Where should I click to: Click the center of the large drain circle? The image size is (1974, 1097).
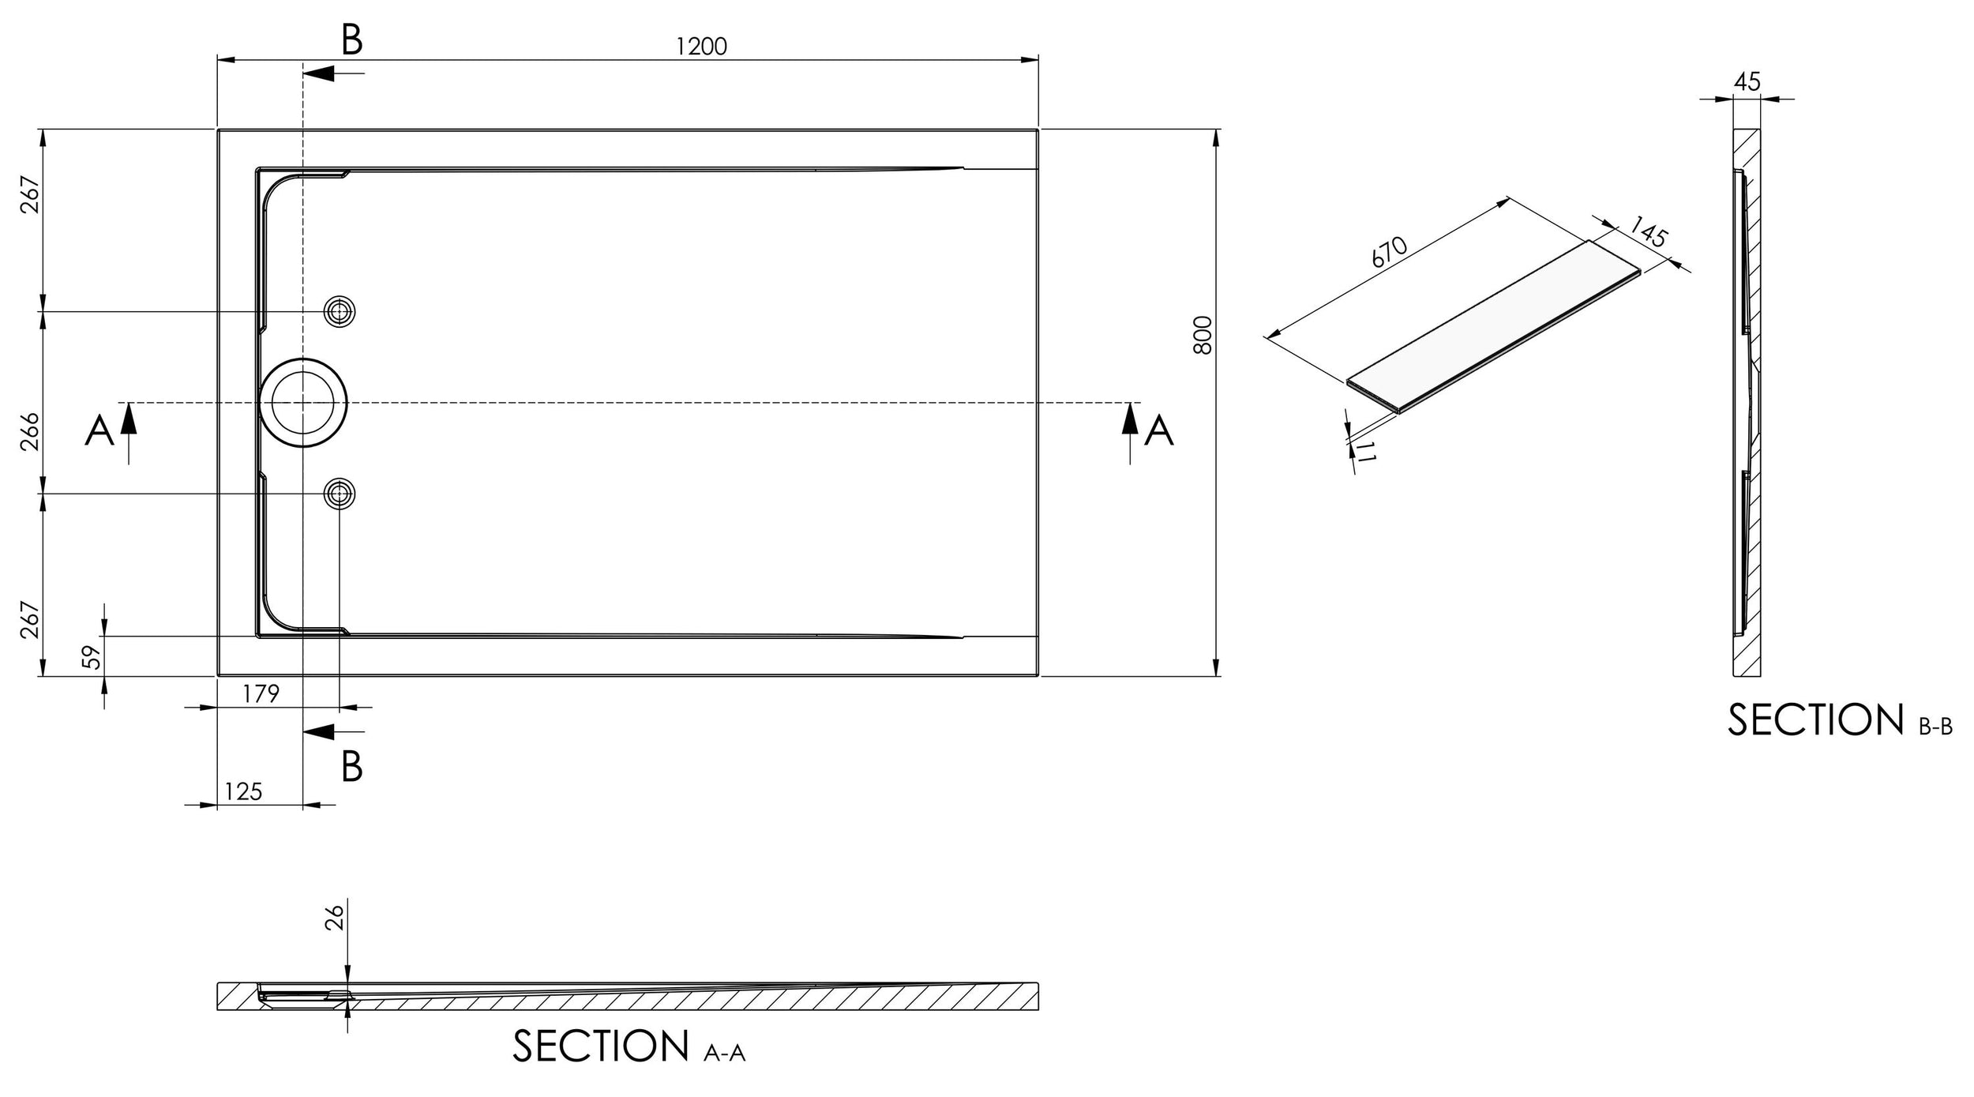(x=303, y=403)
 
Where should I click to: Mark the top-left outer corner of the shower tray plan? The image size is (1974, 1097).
(x=217, y=129)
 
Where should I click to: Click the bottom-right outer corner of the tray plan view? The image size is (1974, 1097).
(x=1038, y=676)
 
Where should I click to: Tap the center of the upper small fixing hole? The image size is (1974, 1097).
(x=340, y=312)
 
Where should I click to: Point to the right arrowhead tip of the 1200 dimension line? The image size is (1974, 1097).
(x=1038, y=59)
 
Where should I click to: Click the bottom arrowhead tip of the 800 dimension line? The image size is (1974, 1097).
(x=1216, y=676)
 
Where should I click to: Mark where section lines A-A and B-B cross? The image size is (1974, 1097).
(x=303, y=403)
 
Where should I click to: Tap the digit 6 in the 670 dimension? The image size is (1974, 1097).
(x=1377, y=261)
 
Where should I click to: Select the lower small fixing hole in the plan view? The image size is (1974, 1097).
(x=340, y=494)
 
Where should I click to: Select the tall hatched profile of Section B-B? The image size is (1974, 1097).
(x=1747, y=403)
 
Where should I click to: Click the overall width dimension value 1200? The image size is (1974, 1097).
(x=701, y=47)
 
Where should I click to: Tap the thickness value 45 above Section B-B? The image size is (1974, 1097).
(x=1747, y=81)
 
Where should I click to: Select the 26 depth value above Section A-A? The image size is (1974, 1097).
(x=336, y=918)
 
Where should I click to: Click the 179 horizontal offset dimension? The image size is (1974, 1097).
(x=261, y=693)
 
